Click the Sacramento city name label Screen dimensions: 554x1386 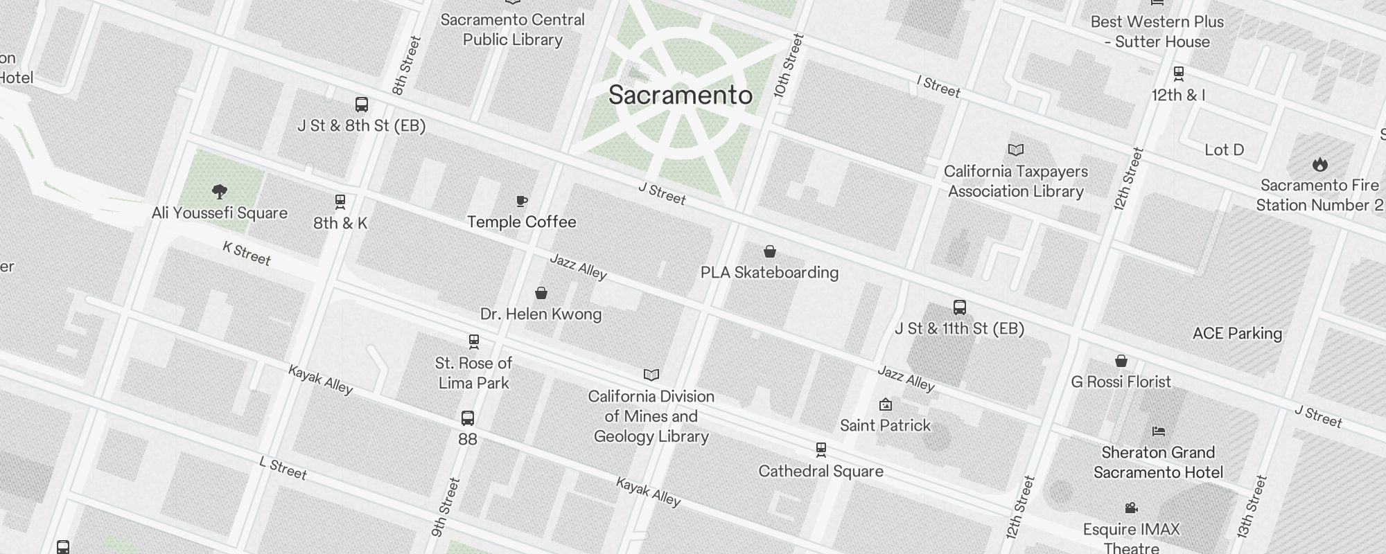click(680, 96)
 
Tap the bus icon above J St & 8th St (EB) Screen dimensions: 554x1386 click(361, 105)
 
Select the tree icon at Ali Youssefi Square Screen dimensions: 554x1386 click(220, 191)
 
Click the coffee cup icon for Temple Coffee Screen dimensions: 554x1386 click(522, 201)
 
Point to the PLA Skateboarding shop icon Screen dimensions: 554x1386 click(769, 251)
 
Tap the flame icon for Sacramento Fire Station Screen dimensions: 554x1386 click(1319, 164)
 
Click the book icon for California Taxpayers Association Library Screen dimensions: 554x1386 click(1015, 150)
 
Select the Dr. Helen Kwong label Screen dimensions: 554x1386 click(541, 314)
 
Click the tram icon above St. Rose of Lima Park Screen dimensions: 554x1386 click(474, 341)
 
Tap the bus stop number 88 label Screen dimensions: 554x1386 click(468, 439)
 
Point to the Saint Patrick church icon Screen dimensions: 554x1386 click(885, 404)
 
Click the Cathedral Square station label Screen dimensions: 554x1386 click(821, 472)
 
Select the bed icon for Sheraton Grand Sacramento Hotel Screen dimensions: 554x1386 click(1158, 431)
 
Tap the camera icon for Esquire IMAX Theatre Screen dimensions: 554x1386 click(1131, 508)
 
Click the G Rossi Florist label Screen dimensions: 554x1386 click(1121, 382)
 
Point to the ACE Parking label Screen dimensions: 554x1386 click(1237, 334)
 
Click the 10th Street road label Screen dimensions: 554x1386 click(789, 66)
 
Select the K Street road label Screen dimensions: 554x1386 click(247, 253)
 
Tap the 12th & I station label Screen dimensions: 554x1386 click(1178, 96)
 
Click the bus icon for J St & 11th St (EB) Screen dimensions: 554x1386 click(959, 307)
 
